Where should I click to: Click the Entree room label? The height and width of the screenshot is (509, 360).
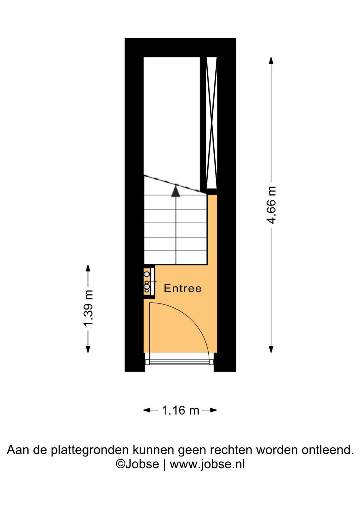coord(183,288)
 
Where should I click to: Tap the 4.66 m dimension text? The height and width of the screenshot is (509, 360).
coord(271,206)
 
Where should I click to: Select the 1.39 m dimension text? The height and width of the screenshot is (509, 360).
coord(88,308)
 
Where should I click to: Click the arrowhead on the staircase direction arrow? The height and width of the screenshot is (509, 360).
coord(176,191)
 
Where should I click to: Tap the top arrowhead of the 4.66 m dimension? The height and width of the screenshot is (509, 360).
coord(271,60)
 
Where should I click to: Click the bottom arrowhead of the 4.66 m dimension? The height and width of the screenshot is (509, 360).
coord(271,349)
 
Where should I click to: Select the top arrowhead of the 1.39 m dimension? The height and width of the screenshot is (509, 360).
coord(88,268)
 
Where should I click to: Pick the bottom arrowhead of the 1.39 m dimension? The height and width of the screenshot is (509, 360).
coord(88,349)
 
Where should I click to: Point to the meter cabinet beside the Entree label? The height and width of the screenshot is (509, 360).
coord(149,282)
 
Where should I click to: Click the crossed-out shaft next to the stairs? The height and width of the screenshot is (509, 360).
coord(212,123)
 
